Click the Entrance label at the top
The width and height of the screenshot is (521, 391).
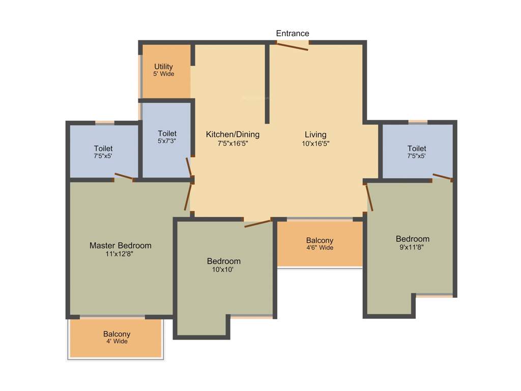click(293, 34)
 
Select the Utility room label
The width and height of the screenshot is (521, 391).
click(164, 67)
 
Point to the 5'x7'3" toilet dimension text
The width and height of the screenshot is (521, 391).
click(167, 141)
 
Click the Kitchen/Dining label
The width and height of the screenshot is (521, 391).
click(233, 134)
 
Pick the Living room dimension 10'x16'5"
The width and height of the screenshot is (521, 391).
click(315, 144)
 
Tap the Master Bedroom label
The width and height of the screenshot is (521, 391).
click(120, 245)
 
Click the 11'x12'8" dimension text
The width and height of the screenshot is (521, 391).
click(120, 254)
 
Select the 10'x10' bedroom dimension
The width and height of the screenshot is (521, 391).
click(224, 269)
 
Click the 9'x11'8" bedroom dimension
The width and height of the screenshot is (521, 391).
click(413, 247)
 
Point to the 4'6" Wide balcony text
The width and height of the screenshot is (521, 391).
click(320, 248)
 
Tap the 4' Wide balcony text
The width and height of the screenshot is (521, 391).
click(117, 342)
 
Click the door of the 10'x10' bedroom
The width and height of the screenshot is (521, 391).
click(257, 223)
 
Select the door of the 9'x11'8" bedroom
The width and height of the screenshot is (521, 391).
click(370, 197)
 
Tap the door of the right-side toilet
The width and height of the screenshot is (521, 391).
click(442, 177)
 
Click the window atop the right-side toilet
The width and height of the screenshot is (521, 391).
click(418, 122)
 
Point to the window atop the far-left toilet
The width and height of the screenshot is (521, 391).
click(105, 123)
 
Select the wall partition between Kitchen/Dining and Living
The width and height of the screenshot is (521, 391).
click(267, 84)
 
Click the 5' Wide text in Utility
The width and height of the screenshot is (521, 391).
click(164, 74)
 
